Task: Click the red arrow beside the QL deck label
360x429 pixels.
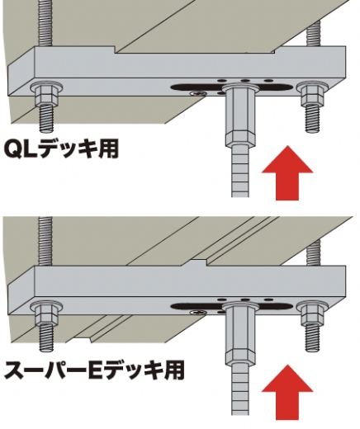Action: (287, 173)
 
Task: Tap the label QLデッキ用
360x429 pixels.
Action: (61, 149)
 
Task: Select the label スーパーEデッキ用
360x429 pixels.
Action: (94, 370)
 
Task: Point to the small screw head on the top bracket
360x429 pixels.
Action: (198, 93)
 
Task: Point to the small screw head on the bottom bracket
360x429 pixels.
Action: (198, 313)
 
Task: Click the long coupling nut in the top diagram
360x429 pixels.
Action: (240, 115)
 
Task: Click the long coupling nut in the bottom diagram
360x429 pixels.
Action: (240, 334)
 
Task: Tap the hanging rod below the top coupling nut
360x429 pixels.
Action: (240, 171)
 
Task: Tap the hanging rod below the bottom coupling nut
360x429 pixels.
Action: (240, 390)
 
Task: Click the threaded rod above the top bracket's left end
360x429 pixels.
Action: (45, 23)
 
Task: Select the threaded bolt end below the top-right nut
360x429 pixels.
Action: (314, 119)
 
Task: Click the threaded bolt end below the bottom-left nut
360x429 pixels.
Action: (46, 337)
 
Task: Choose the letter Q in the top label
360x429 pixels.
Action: (13, 149)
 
